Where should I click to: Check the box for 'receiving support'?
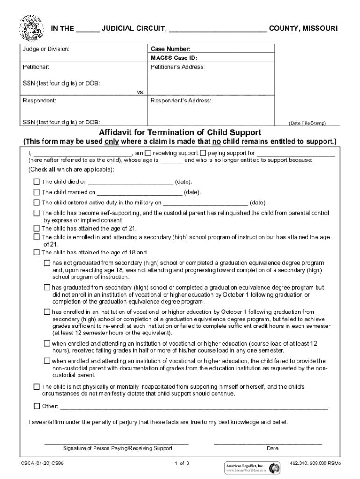point(148,153)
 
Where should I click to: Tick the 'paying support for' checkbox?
point(203,153)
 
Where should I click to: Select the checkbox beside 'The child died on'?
point(36,181)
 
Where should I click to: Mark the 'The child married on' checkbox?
point(36,192)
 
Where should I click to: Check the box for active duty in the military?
point(36,203)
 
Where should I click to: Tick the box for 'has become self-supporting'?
point(36,213)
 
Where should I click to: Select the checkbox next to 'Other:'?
point(36,406)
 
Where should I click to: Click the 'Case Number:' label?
point(170,49)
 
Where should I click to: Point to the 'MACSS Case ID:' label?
point(173,58)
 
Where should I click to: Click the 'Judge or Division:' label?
point(46,49)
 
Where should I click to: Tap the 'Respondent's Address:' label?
point(181,101)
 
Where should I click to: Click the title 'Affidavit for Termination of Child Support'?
point(180,132)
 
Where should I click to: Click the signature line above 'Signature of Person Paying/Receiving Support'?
point(117,443)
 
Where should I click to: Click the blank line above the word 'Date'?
point(267,443)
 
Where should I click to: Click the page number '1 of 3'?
point(182,464)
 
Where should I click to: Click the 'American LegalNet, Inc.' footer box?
point(245,468)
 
